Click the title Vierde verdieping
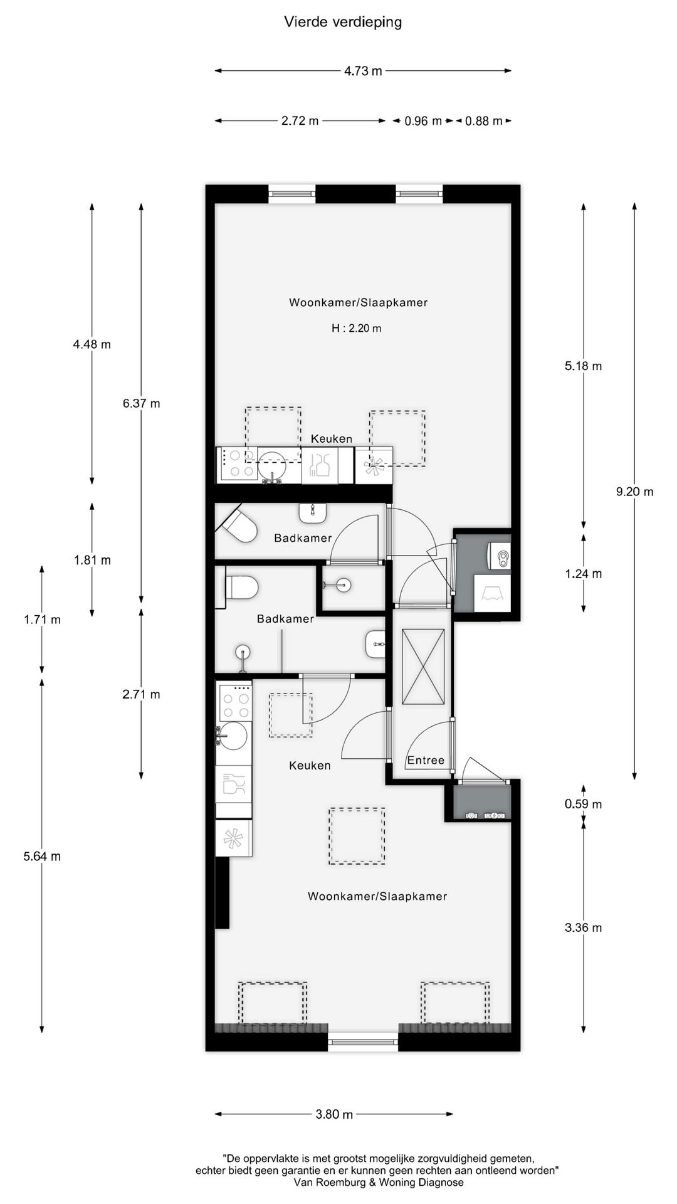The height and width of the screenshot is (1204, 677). pos(343,23)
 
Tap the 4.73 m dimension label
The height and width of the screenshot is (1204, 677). pos(362,71)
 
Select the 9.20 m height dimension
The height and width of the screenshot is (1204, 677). pos(634,492)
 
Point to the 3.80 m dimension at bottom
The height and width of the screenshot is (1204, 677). pos(333,1114)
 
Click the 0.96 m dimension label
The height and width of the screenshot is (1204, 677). pos(422,121)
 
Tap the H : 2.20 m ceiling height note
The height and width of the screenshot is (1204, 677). pos(356,328)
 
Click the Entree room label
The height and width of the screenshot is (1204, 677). pos(426,760)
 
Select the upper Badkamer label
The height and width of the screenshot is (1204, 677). pos(303,538)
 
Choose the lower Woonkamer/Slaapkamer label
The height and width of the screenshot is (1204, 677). pos(377,896)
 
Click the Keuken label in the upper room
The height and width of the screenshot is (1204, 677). pos(332,439)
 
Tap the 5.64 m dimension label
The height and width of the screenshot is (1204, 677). pos(42,857)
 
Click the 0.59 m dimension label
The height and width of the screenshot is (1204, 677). pos(583,804)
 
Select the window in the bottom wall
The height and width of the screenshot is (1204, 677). pos(363,1042)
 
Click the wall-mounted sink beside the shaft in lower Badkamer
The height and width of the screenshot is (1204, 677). pos(375,644)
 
